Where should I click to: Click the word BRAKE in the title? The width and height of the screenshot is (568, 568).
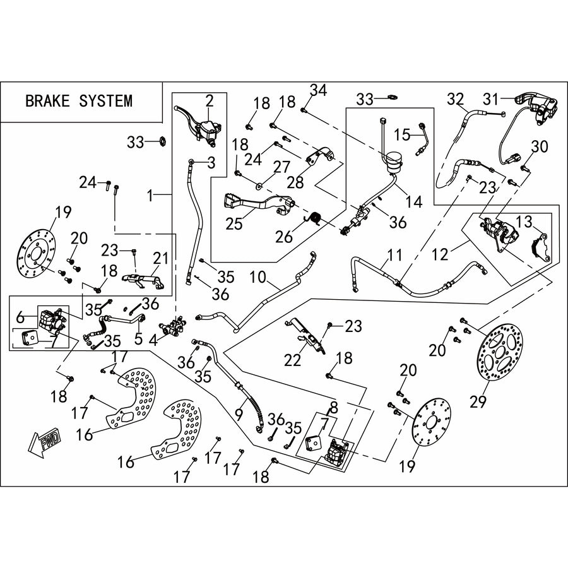47,101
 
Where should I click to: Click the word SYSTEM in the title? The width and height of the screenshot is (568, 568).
105,101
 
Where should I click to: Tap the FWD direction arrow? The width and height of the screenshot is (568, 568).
45,444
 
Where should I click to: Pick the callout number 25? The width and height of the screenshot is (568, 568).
234,223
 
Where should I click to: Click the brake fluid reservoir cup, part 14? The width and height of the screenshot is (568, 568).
393,163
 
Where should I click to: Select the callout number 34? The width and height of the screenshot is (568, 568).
319,90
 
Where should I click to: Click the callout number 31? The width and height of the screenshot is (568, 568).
491,98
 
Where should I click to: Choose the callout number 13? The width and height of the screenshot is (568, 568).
524,222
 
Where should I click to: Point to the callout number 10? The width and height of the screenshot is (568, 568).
257,278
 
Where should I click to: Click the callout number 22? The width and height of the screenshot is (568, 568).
293,360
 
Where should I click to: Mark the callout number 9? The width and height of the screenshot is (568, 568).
239,415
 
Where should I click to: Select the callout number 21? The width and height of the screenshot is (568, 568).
161,258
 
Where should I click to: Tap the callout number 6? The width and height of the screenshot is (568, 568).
20,317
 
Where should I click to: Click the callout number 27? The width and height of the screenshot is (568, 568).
281,167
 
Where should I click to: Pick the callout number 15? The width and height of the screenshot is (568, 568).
402,135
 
